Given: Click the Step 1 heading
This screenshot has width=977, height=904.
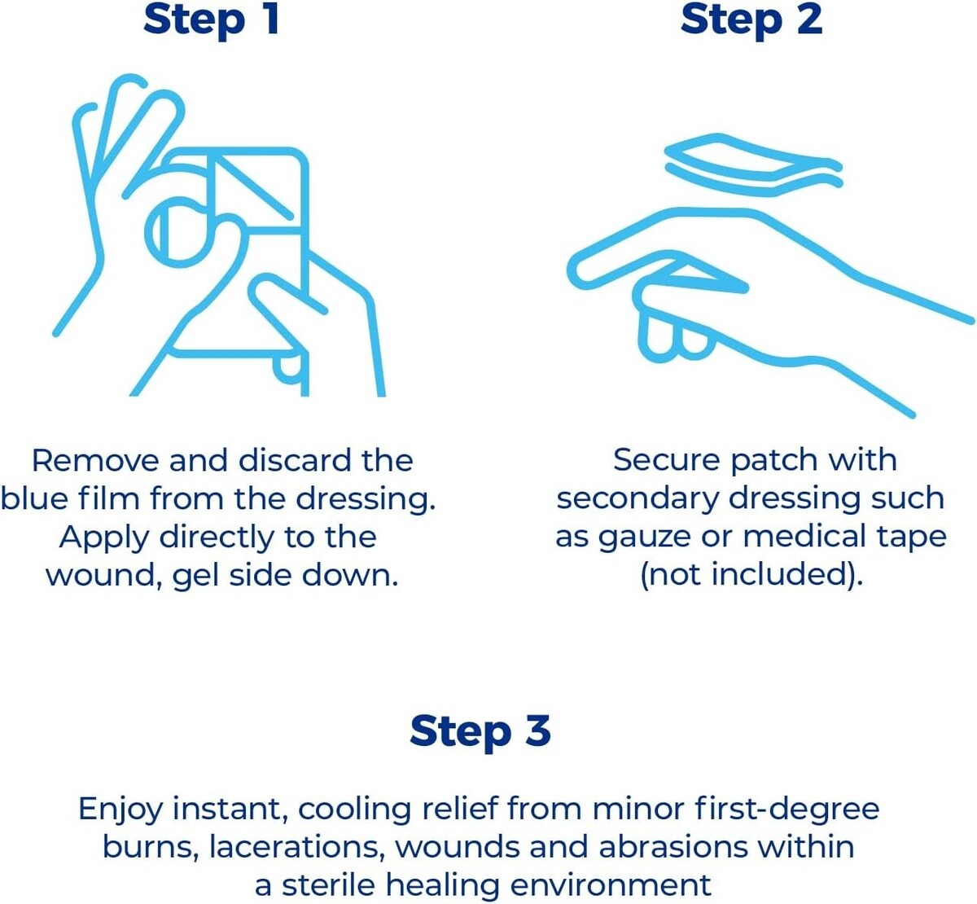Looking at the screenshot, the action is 212,20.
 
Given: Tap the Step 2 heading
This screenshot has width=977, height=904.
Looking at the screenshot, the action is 751,20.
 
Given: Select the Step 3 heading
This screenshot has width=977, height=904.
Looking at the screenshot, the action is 480,731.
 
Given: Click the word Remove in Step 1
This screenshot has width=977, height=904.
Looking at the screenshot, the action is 95,461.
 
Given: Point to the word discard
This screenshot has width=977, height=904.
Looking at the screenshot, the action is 295,461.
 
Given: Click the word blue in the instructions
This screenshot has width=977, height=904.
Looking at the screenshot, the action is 34,498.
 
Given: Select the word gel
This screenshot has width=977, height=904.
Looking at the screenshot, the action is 195,575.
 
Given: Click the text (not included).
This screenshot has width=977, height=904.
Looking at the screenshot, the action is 751,575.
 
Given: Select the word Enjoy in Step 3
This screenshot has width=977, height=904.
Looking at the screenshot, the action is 120,810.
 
